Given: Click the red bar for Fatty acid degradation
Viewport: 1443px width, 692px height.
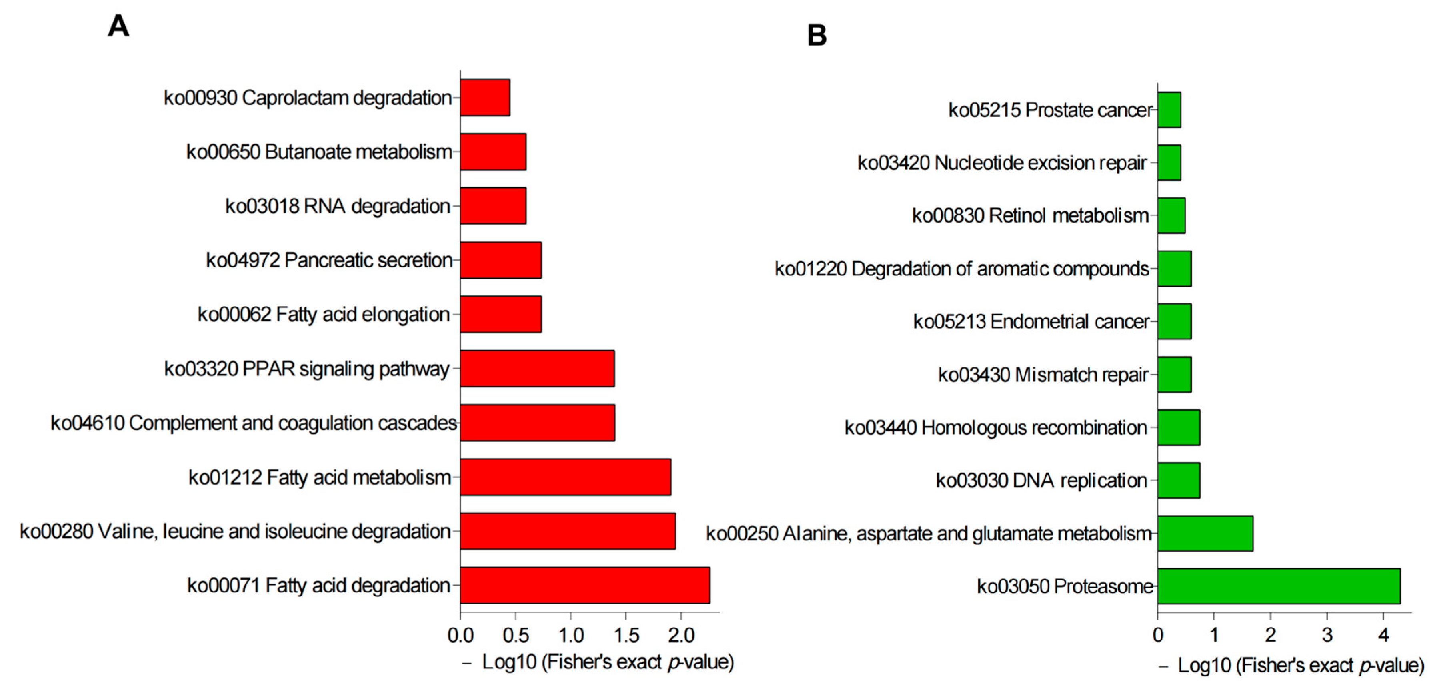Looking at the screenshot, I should point(585,585).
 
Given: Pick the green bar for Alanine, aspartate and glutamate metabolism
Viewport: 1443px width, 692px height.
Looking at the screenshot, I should point(1205,533).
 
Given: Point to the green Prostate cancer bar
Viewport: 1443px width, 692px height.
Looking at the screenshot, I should point(1169,110).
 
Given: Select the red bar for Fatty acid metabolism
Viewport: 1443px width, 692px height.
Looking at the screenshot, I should point(565,477).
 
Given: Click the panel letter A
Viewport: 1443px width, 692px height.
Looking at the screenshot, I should point(118,26).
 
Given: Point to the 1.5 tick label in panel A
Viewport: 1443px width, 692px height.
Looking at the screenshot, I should point(626,636).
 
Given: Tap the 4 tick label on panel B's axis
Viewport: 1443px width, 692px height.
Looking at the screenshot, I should point(1383,636).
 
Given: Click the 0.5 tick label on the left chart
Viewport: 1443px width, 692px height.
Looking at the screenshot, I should point(515,636).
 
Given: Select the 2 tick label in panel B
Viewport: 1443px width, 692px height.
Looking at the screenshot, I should point(1271,636).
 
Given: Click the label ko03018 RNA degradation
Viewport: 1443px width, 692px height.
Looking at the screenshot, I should point(338,206).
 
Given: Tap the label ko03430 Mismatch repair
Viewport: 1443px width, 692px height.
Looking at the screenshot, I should point(1043,375).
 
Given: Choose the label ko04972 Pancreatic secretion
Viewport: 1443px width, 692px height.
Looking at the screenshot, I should point(329,260).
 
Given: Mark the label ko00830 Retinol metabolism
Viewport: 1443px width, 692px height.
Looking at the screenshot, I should point(1030,215).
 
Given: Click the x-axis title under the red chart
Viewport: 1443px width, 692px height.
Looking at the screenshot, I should point(598,662).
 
